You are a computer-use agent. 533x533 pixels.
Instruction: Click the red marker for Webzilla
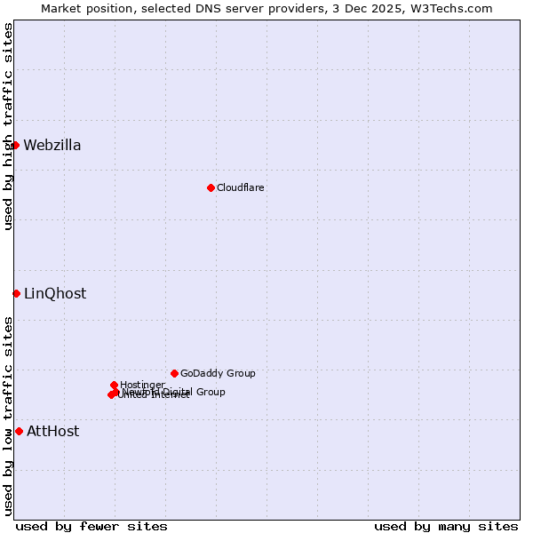pyautogui.click(x=15, y=145)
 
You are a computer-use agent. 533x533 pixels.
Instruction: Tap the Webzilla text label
pyautogui.click(x=52, y=146)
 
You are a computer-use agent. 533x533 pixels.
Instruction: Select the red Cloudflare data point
pyautogui.click(x=211, y=187)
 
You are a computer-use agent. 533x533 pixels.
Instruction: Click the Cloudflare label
pyautogui.click(x=241, y=187)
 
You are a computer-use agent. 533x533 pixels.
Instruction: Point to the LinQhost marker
pyautogui.click(x=16, y=293)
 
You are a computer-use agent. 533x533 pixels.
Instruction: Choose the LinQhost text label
pyautogui.click(x=55, y=294)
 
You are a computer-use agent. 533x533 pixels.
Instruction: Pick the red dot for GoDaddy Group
pyautogui.click(x=174, y=373)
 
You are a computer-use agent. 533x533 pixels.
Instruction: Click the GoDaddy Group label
pyautogui.click(x=218, y=373)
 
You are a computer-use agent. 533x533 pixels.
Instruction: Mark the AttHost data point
pyautogui.click(x=19, y=431)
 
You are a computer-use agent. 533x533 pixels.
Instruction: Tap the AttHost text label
pyautogui.click(x=52, y=432)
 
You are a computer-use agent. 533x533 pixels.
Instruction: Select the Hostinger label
pyautogui.click(x=142, y=385)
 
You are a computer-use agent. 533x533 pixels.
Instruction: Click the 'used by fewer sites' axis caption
pyautogui.click(x=91, y=526)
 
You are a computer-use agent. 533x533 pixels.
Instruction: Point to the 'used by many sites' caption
pyautogui.click(x=446, y=526)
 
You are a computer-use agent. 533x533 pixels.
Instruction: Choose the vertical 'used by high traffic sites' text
pyautogui.click(x=8, y=126)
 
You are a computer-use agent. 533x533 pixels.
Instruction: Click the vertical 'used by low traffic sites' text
pyautogui.click(x=8, y=416)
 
